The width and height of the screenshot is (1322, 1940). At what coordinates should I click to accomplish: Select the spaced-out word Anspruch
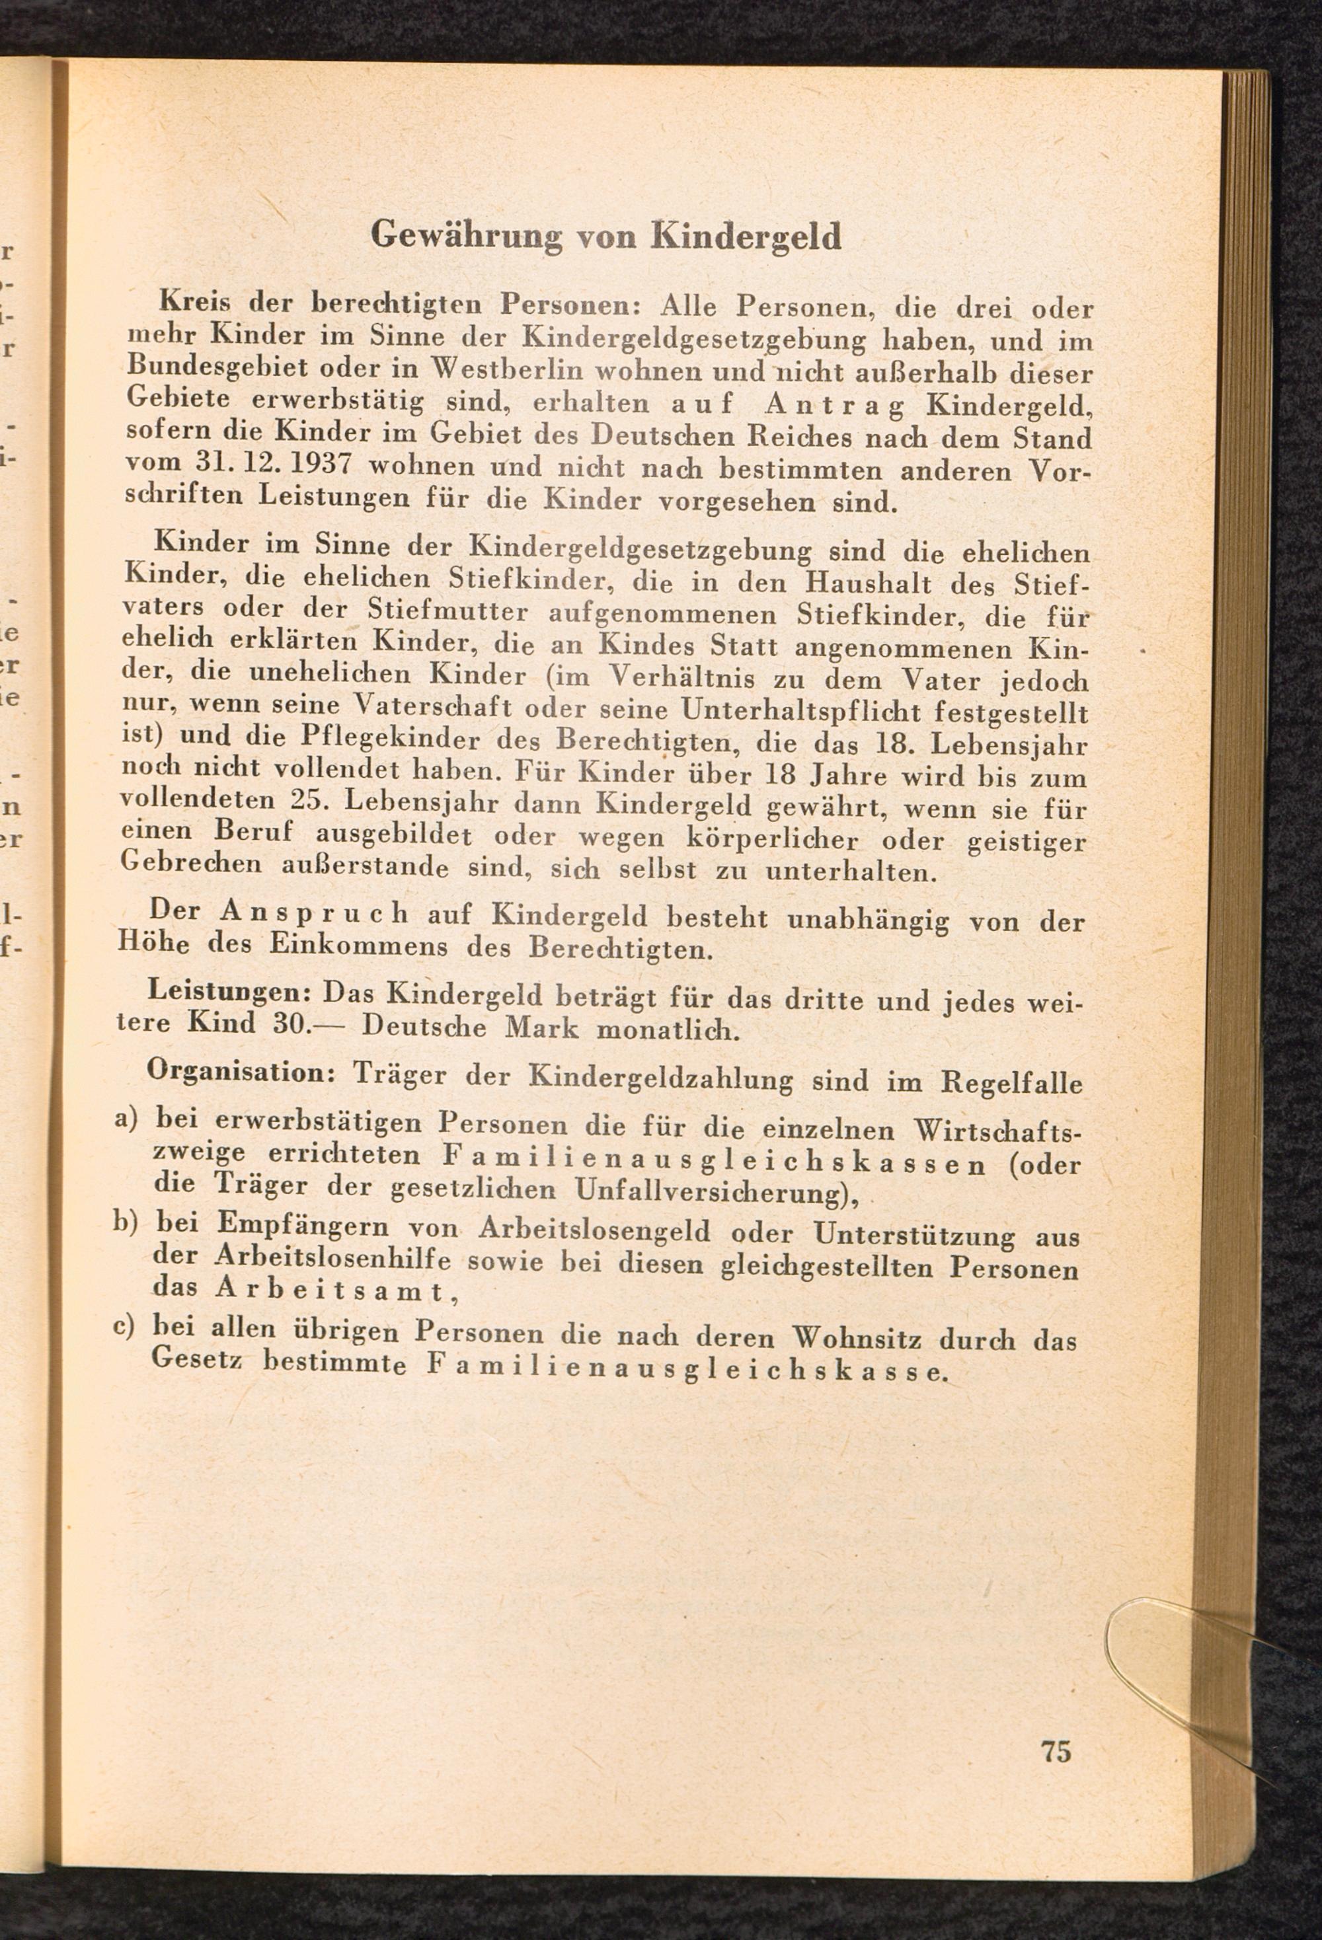click(x=314, y=914)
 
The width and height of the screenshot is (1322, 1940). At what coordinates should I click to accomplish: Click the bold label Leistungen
click(x=229, y=992)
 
